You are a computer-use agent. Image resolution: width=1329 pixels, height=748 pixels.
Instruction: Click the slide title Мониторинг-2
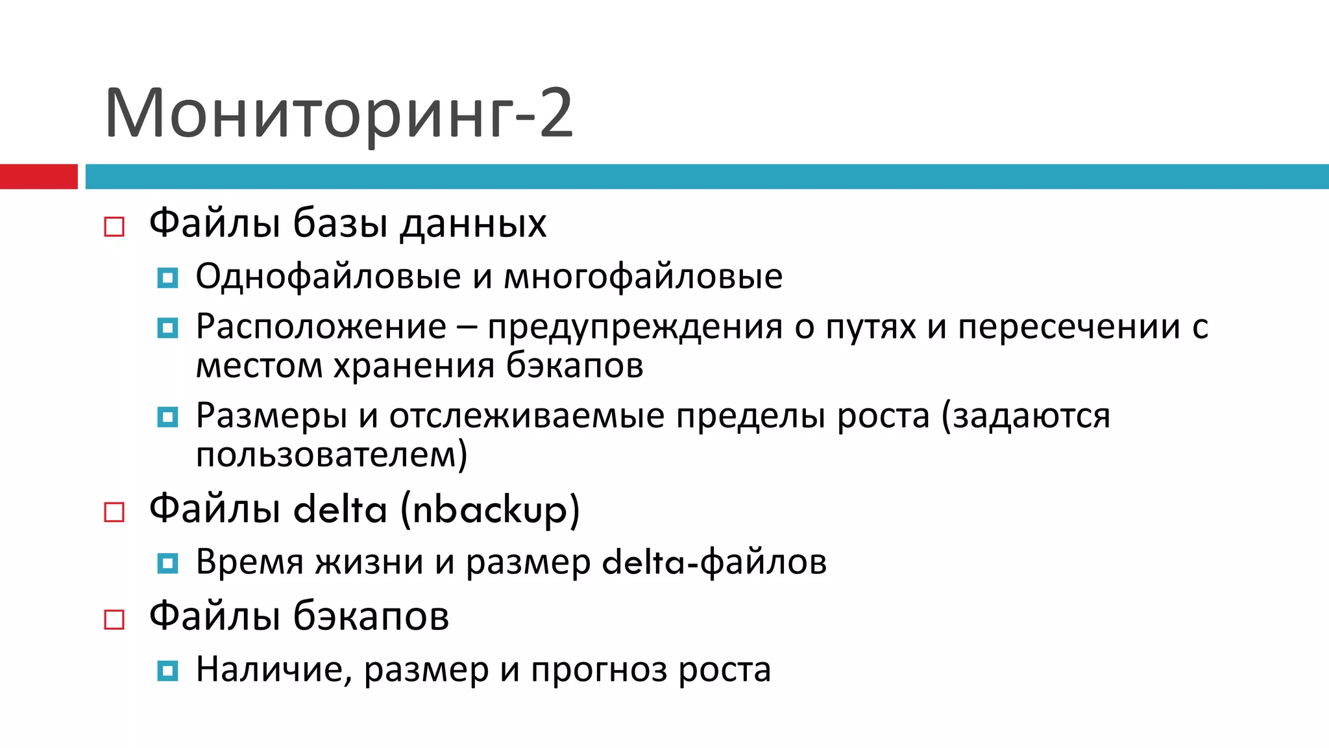(x=338, y=113)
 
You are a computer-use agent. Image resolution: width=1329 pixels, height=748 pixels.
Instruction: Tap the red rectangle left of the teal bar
(x=38, y=177)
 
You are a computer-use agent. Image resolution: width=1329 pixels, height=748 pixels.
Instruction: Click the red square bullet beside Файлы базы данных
(x=114, y=227)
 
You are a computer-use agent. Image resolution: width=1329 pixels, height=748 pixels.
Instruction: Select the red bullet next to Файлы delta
(x=114, y=512)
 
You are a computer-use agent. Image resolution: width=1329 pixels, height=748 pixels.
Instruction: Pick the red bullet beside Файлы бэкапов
(x=114, y=619)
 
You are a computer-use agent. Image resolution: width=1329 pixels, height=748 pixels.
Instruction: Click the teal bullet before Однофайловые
(x=167, y=278)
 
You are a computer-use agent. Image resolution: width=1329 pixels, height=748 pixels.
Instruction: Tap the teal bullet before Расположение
(x=167, y=328)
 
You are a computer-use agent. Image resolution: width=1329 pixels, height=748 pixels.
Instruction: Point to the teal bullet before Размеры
(x=167, y=417)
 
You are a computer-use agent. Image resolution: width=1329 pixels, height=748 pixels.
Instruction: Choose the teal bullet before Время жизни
(x=167, y=563)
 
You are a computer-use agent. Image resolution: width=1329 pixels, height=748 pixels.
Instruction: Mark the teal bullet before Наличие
(x=167, y=670)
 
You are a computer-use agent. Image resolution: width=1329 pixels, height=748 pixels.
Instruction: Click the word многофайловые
(x=643, y=277)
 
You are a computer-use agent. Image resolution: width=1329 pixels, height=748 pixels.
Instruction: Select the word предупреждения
(x=635, y=327)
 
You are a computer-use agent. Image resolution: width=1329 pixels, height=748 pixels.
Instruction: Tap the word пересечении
(x=1069, y=326)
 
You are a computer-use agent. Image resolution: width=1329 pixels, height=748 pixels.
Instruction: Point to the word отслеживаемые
(x=527, y=416)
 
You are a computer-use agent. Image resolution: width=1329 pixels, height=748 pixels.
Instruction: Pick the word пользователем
(x=328, y=455)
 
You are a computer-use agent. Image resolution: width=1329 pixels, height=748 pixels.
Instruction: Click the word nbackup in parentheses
(x=490, y=510)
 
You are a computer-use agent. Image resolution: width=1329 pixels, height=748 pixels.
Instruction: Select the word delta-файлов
(x=714, y=562)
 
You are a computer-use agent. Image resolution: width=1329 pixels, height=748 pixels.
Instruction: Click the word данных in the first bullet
(x=473, y=225)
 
